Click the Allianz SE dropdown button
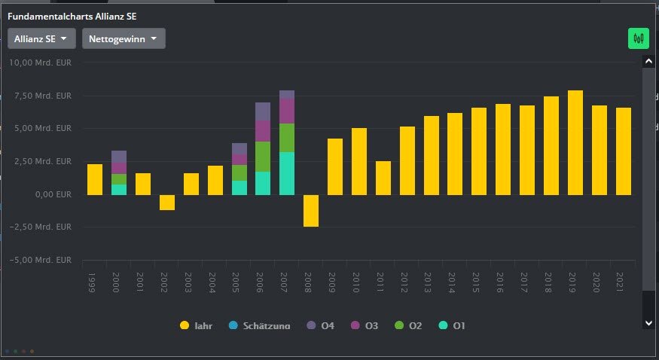pyautogui.click(x=41, y=38)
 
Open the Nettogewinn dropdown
pyautogui.click(x=124, y=38)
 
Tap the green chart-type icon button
pyautogui.click(x=639, y=38)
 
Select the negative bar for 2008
pyautogui.click(x=310, y=210)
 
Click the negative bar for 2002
pyautogui.click(x=166, y=202)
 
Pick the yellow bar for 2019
pyautogui.click(x=575, y=142)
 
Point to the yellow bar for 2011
pyautogui.click(x=383, y=178)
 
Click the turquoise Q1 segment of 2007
pyautogui.click(x=286, y=173)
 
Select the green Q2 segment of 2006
pyautogui.click(x=262, y=157)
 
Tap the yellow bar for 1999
pyautogui.click(x=94, y=179)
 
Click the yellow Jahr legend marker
pyautogui.click(x=185, y=325)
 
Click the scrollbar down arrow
pyautogui.click(x=647, y=322)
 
